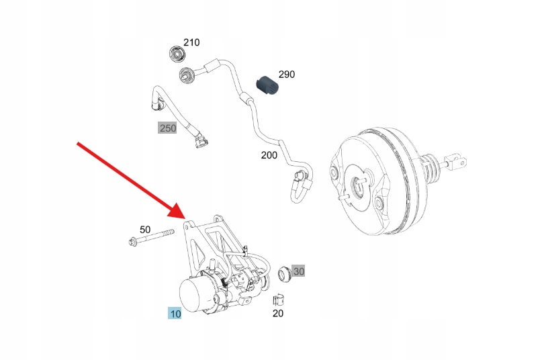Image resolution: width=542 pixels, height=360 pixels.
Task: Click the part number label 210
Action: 191,42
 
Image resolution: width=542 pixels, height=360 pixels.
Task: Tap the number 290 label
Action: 286,75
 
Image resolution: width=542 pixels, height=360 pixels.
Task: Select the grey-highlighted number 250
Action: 167,128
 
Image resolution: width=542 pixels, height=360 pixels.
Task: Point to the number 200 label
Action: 269,156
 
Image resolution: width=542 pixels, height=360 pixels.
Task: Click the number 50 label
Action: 145,229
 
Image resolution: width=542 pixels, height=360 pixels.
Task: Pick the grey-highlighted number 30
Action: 299,271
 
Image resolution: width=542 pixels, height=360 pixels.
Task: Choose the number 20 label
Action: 278,313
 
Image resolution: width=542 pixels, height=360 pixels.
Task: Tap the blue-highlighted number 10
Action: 175,314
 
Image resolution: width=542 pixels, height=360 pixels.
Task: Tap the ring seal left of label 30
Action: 284,273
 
